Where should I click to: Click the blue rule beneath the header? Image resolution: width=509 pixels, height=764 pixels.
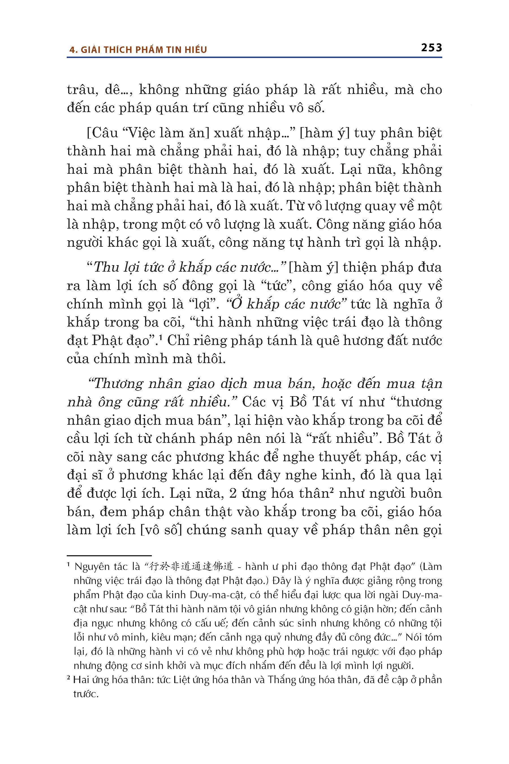click(254, 57)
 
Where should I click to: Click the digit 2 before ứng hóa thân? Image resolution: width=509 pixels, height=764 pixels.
click(232, 493)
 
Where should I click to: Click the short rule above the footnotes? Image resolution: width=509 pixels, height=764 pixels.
click(109, 556)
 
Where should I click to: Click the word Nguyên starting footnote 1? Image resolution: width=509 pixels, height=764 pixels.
click(92, 567)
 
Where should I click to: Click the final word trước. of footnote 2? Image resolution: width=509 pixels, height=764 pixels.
click(86, 694)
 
